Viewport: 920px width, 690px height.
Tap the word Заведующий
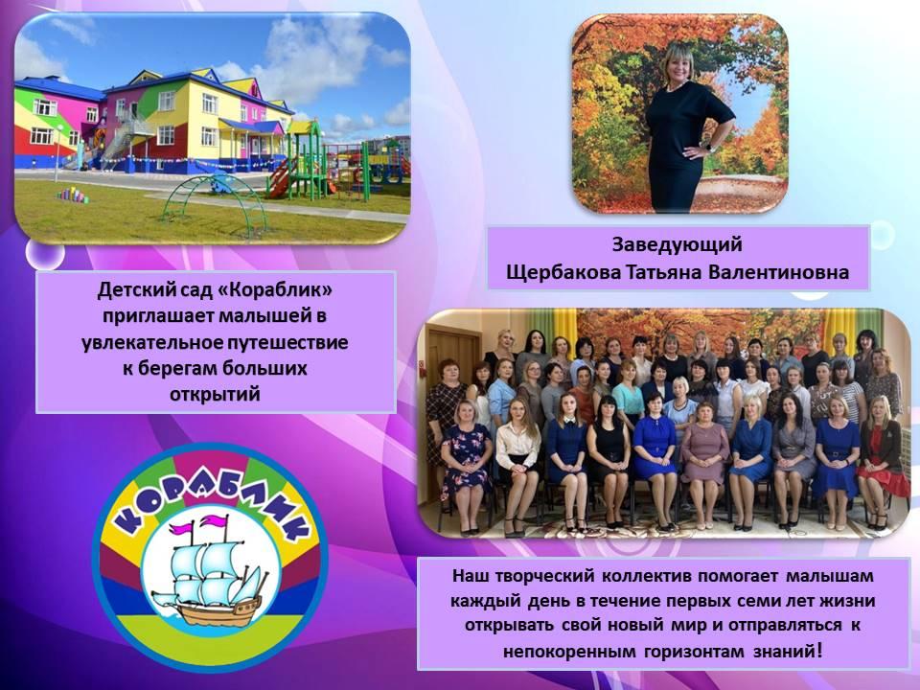[x=678, y=244]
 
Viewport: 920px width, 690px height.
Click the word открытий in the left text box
[x=215, y=394]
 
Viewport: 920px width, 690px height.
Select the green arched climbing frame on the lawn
[x=214, y=203]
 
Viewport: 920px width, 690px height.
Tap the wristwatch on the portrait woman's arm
[x=712, y=146]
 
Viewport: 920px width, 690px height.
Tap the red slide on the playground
[x=281, y=178]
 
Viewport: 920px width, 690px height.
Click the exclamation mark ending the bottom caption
[x=819, y=650]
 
